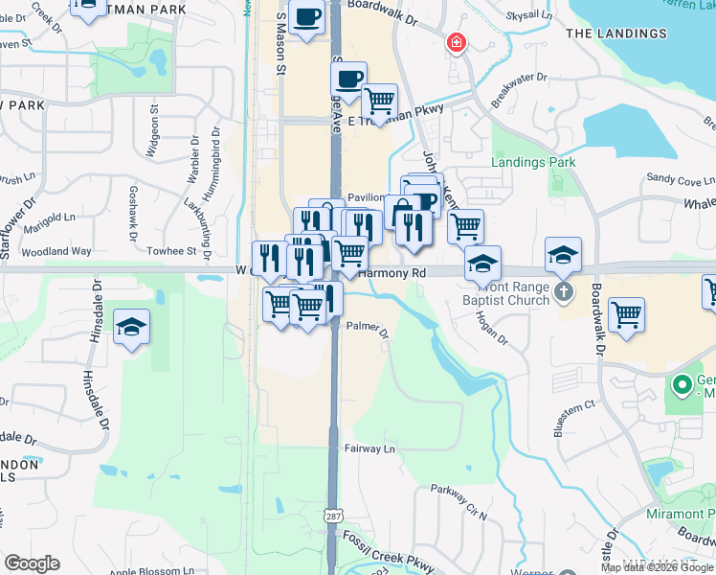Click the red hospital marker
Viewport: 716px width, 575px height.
click(x=457, y=43)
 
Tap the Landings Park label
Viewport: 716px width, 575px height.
click(x=533, y=162)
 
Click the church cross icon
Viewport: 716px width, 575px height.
click(x=565, y=291)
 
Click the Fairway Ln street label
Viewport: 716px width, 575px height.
click(x=369, y=448)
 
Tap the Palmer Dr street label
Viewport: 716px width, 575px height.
click(x=369, y=329)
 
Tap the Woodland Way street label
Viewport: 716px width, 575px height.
click(x=59, y=251)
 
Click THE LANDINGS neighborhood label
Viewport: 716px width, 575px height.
click(x=615, y=34)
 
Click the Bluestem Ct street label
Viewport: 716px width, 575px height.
click(x=574, y=405)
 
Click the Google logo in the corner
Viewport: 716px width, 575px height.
click(x=33, y=563)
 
